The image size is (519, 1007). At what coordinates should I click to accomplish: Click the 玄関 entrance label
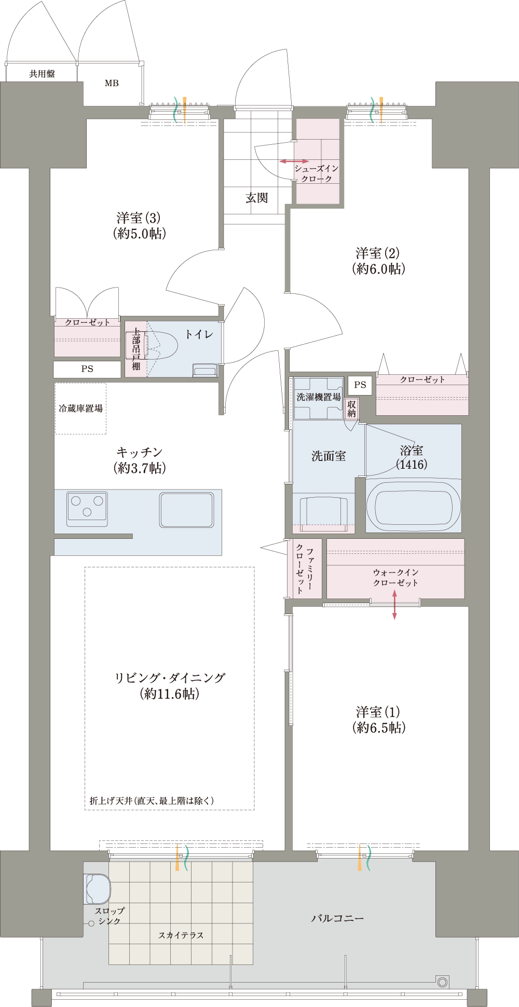257,198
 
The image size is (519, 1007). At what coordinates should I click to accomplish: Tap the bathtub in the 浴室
413,506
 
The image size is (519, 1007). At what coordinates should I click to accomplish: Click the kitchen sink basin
186,510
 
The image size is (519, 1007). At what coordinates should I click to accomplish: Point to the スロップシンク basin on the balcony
98,889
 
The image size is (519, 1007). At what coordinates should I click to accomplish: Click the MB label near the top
112,83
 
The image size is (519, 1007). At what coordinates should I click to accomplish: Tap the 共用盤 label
42,74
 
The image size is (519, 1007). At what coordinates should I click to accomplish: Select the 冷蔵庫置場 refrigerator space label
80,409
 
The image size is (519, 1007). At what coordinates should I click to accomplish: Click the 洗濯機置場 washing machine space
319,398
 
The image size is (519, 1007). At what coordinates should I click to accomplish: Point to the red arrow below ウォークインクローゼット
394,605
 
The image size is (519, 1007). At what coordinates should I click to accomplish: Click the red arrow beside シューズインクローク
294,161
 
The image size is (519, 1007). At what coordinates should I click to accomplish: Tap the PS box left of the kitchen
87,369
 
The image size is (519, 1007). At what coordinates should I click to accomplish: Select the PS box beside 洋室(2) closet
360,385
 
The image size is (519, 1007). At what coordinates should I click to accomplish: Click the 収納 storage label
352,409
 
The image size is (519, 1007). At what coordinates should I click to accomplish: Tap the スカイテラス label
181,935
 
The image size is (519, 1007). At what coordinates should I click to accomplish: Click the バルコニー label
337,918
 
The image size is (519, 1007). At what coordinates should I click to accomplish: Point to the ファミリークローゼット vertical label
305,568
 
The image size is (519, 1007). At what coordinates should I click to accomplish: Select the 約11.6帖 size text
170,694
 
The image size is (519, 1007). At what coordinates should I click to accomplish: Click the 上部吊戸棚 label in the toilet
136,349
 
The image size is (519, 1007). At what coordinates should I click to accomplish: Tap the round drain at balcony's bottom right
442,982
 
